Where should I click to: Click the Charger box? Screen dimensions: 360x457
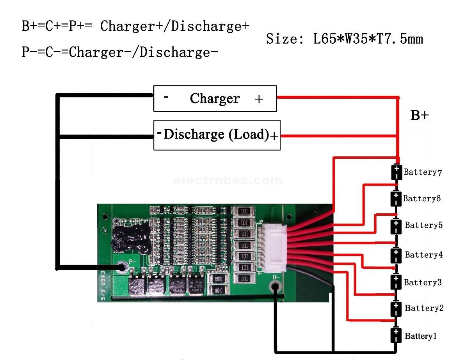tap(215, 99)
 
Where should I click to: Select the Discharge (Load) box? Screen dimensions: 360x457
tap(217, 135)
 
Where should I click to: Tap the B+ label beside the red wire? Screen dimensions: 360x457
tap(420, 115)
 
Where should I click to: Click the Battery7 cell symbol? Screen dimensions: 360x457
tap(397, 172)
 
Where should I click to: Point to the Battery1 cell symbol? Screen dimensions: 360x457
tap(397, 335)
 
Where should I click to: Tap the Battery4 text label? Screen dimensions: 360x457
tap(423, 255)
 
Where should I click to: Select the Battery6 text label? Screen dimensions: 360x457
tap(421, 199)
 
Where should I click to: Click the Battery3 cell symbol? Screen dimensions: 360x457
tap(397, 282)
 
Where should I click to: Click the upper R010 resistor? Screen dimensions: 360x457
tap(216, 279)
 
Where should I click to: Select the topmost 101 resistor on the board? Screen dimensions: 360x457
tap(245, 211)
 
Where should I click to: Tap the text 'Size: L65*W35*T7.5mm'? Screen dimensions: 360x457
tap(344, 39)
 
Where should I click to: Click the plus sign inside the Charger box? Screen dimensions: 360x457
tap(259, 99)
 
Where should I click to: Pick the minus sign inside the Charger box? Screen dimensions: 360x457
tap(166, 97)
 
